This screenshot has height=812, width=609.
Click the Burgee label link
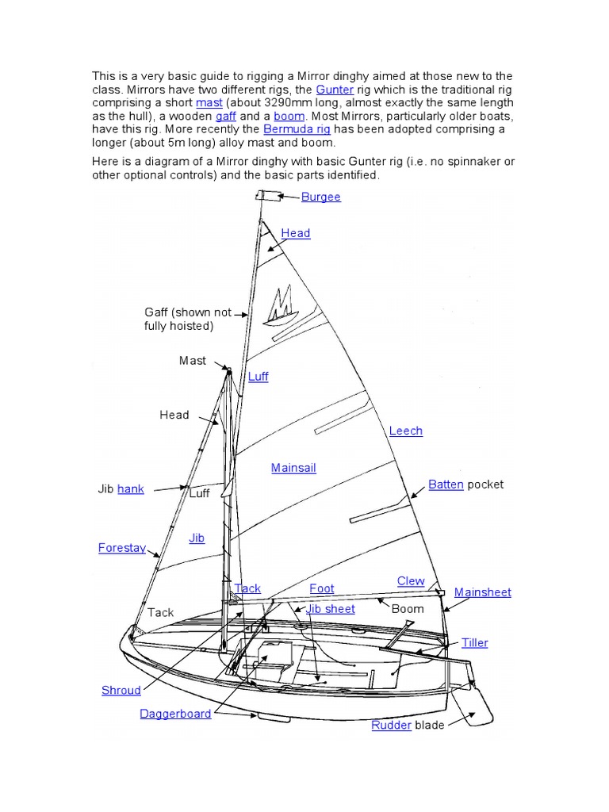320,197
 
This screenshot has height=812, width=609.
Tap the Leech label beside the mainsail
405,431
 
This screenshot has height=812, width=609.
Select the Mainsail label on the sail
293,468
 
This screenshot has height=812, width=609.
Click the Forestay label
121,547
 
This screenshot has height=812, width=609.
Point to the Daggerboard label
175,714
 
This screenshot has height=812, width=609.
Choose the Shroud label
121,690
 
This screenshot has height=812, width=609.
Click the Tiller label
475,642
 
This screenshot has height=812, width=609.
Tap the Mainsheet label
482,592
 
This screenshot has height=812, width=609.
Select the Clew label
411,581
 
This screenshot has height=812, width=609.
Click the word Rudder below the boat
391,725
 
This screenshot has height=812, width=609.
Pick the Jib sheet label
331,608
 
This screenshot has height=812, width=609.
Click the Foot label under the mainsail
322,588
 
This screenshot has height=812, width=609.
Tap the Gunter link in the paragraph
335,90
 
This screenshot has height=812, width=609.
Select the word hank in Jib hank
131,488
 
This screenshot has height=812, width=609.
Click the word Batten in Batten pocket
446,484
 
